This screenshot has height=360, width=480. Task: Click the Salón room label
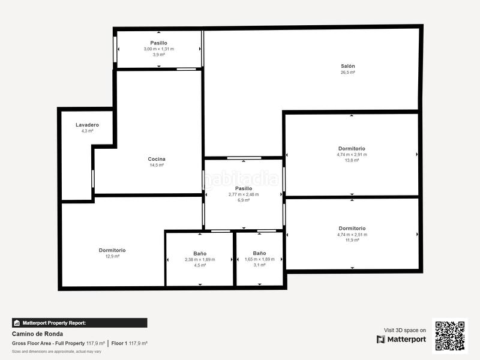click(348, 66)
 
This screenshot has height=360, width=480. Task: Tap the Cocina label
click(157, 159)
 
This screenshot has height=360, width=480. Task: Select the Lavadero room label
click(87, 125)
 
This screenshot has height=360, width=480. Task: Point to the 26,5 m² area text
click(348, 72)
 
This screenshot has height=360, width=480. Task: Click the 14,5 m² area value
click(157, 165)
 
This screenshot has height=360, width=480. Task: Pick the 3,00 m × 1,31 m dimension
click(158, 49)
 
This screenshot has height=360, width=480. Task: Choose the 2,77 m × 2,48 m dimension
click(244, 194)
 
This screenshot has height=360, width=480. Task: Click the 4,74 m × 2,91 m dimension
click(352, 154)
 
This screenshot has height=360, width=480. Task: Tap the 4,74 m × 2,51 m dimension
click(352, 234)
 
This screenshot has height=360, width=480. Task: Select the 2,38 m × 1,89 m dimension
click(200, 259)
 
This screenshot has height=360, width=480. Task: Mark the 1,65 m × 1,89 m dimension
click(259, 259)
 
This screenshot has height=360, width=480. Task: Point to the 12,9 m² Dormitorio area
click(112, 256)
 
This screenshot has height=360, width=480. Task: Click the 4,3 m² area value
click(87, 131)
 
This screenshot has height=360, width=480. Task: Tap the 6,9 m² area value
click(244, 200)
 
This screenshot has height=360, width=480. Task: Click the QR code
click(450, 335)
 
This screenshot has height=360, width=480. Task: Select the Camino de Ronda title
click(37, 334)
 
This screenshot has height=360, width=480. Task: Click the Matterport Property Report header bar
click(79, 323)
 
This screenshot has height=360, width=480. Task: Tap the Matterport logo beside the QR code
click(401, 340)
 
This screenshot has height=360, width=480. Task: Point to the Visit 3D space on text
click(405, 330)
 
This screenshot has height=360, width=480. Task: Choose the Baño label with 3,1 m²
click(259, 253)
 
